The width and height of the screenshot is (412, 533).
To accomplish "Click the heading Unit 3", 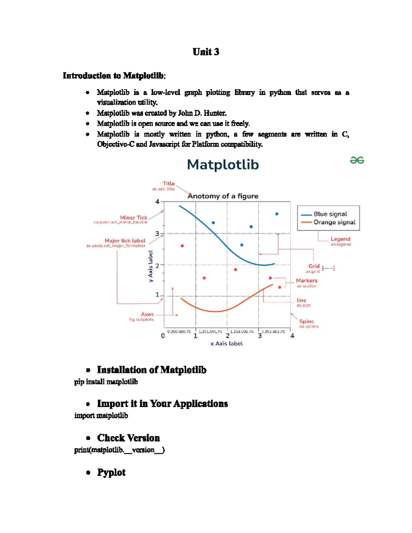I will click(206, 52).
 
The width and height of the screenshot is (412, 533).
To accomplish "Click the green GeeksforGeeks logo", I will click(357, 160).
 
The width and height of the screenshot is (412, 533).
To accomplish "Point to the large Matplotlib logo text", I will click(223, 165).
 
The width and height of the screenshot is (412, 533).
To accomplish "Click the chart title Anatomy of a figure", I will click(223, 196).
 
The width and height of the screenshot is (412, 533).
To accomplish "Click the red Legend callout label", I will click(340, 239).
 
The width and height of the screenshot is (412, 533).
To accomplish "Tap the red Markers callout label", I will click(307, 280).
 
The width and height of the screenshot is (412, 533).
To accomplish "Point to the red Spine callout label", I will click(306, 321).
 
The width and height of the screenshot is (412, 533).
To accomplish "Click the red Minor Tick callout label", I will click(133, 218).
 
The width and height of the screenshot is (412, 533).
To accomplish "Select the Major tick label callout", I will click(125, 241).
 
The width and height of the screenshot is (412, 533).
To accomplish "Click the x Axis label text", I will click(227, 343).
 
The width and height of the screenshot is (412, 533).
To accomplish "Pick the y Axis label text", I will click(150, 266).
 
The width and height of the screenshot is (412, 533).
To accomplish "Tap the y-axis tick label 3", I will click(157, 234).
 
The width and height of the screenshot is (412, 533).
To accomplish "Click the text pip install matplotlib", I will click(106, 382).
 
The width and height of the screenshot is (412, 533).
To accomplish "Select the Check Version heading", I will click(128, 438).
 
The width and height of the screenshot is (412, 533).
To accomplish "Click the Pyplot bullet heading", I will click(111, 472).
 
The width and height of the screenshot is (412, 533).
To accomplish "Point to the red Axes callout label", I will click(147, 314).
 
